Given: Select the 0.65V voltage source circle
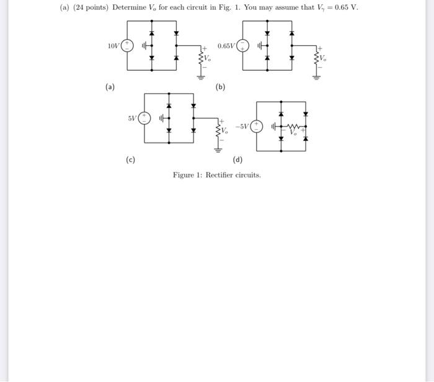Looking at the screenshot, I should pos(243,46).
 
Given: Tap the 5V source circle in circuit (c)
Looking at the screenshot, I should pos(144,117).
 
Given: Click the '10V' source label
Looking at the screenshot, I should pos(113,46).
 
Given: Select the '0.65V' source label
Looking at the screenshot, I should pos(226,46).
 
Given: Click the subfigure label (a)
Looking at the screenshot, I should pos(110,87).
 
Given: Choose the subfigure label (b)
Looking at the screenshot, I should pos(220,87).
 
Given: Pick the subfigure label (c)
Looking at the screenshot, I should pos(130,160).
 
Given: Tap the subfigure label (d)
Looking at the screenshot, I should pos(237,160).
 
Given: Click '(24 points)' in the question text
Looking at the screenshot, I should pos(91,7).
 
